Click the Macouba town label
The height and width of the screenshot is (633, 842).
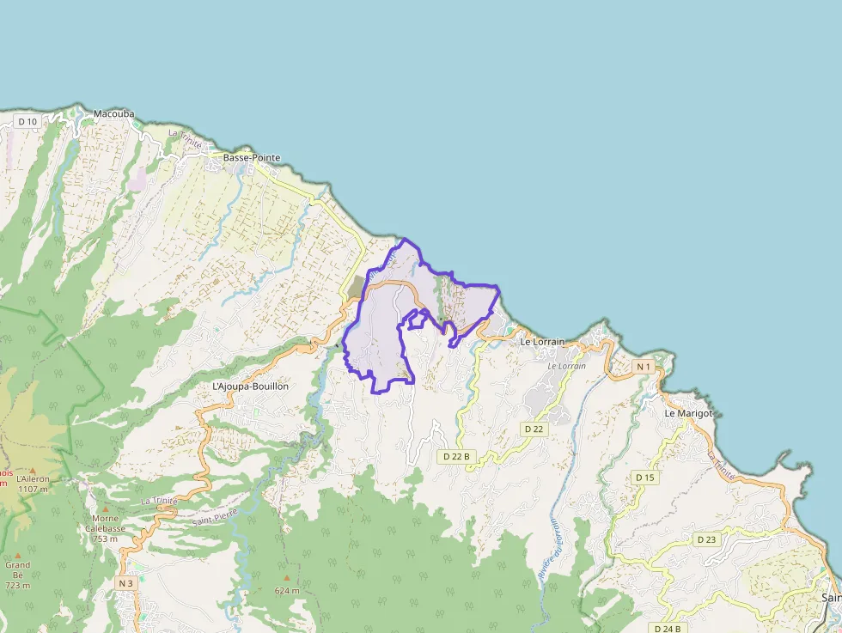pyautogui.click(x=114, y=113)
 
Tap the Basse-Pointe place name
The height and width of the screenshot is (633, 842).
pyautogui.click(x=252, y=158)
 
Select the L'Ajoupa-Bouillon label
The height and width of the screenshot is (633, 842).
pyautogui.click(x=250, y=386)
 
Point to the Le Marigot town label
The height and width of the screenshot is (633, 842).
pyautogui.click(x=689, y=413)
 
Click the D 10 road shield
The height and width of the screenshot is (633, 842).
pyautogui.click(x=27, y=122)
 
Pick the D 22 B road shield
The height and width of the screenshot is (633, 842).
pyautogui.click(x=455, y=457)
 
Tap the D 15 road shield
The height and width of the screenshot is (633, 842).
pyautogui.click(x=644, y=478)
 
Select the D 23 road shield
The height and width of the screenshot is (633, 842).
pyautogui.click(x=706, y=539)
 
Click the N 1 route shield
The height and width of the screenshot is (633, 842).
pyautogui.click(x=644, y=367)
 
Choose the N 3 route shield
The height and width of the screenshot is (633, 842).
pyautogui.click(x=125, y=583)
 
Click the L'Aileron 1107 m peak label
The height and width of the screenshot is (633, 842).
pyautogui.click(x=33, y=483)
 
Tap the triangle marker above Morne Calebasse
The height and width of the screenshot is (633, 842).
pyautogui.click(x=106, y=509)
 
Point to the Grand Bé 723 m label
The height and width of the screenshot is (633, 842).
pyautogui.click(x=17, y=575)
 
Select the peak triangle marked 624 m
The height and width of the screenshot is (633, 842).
pyautogui.click(x=287, y=578)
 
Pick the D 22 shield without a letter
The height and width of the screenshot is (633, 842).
pyautogui.click(x=534, y=429)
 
